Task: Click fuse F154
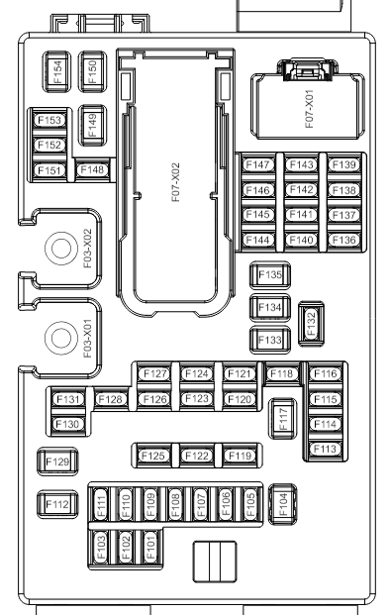(x=56, y=71)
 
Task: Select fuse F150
(x=92, y=71)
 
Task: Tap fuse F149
(x=92, y=126)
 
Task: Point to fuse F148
(x=92, y=169)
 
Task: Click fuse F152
(x=49, y=146)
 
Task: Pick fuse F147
(x=258, y=164)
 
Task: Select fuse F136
(x=343, y=240)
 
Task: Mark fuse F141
(x=301, y=215)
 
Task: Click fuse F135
(x=270, y=275)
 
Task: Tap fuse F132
(x=311, y=324)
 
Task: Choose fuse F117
(x=283, y=418)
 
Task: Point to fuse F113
(x=326, y=449)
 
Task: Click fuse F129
(x=57, y=461)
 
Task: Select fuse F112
(x=57, y=504)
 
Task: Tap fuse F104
(x=283, y=504)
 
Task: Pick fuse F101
(x=150, y=548)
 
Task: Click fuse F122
(x=197, y=456)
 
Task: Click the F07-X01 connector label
(x=309, y=109)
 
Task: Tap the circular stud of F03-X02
(x=61, y=249)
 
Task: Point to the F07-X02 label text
(x=175, y=182)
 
